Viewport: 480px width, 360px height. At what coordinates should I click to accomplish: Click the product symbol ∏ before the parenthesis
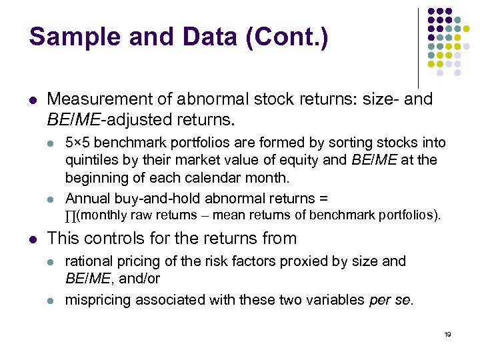coord(70,215)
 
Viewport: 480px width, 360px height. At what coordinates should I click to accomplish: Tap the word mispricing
coord(98,300)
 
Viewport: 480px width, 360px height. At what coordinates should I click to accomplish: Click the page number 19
coord(447,334)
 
